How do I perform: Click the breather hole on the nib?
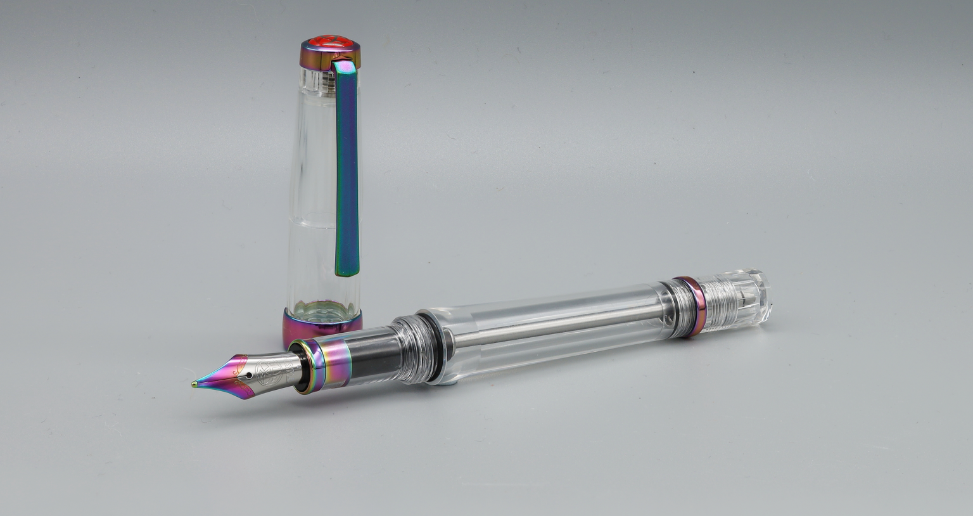(251, 375)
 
